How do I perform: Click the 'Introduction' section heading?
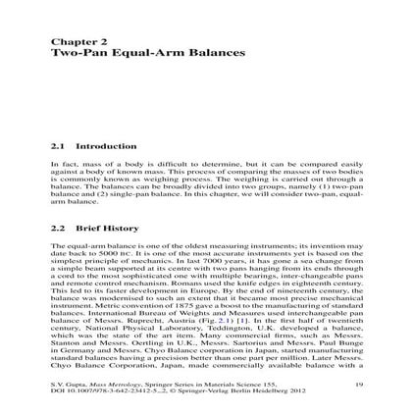94,145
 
